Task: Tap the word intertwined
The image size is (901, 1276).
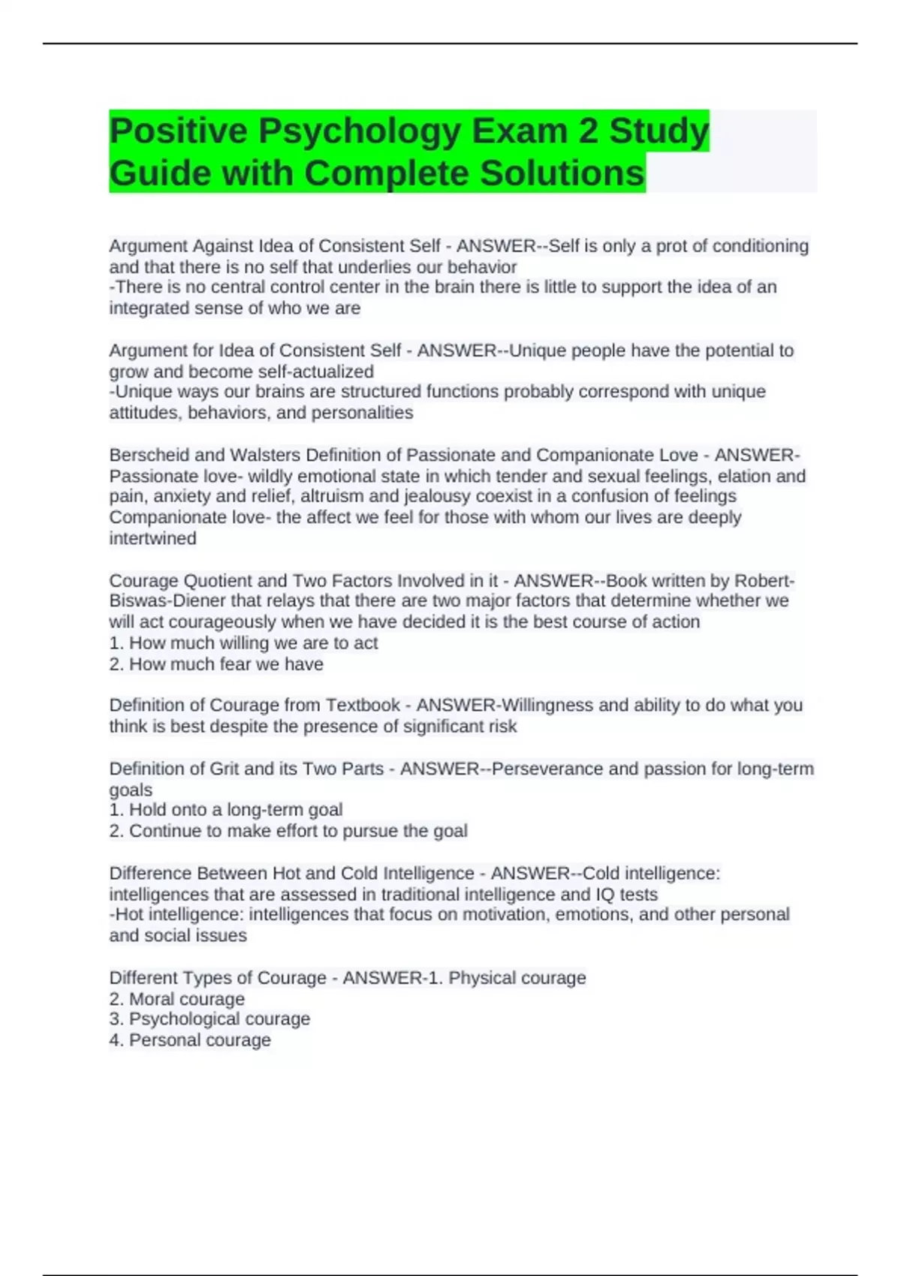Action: tap(152, 538)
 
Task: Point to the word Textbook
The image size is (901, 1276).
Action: tap(363, 706)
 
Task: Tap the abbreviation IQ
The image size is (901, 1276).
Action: tap(604, 895)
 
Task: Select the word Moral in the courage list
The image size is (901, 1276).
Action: tap(151, 999)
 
